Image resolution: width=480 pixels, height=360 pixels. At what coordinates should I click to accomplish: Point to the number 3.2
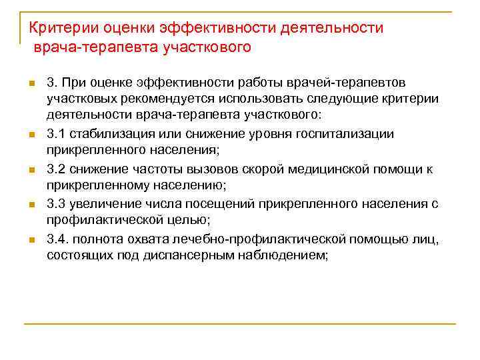55,169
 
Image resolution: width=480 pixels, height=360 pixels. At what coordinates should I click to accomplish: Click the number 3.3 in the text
55,204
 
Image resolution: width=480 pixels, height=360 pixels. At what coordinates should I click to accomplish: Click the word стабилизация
107,134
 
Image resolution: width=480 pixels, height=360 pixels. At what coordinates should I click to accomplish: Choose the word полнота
94,239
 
